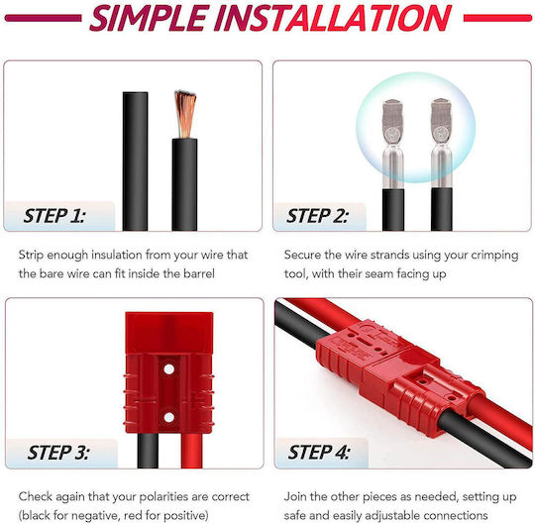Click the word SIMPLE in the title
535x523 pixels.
150,18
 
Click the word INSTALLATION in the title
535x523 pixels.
334,18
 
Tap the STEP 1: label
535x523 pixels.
54,216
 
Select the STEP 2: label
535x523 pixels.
318,216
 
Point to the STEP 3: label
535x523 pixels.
58,453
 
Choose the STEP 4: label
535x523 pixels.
319,453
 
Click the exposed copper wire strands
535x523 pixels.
185,114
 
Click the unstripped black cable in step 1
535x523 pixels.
135,161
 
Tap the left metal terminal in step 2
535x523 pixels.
393,144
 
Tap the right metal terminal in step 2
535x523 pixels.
442,144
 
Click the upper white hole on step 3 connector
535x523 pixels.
168,368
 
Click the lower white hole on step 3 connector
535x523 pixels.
168,417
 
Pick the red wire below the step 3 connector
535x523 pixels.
191,451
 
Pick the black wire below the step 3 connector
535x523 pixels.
148,451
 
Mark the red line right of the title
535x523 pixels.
497,18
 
